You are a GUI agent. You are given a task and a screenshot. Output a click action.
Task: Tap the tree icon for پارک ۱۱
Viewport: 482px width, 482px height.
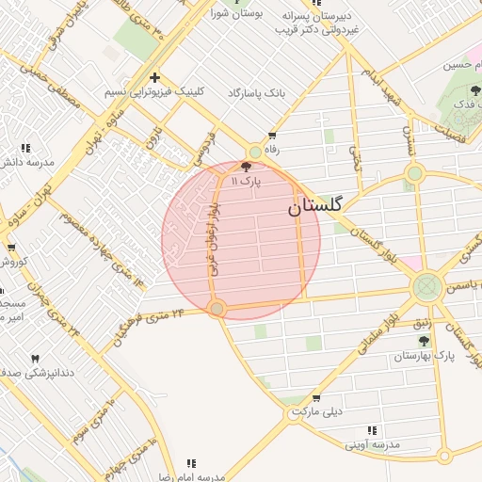(247, 166)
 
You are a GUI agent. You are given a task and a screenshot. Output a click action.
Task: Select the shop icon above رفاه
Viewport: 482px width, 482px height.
(273, 136)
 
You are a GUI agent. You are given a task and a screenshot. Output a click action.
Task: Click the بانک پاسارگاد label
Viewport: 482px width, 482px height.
(255, 94)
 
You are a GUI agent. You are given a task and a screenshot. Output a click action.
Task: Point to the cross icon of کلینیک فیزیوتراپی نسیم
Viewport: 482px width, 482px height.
(154, 78)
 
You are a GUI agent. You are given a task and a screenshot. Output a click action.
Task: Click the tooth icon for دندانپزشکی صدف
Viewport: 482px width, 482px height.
(36, 359)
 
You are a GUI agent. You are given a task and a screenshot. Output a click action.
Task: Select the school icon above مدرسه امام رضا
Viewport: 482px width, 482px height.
(191, 462)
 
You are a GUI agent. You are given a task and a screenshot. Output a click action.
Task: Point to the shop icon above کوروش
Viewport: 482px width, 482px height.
(10, 248)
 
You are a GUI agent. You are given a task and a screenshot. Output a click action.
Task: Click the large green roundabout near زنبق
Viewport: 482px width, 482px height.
(427, 285)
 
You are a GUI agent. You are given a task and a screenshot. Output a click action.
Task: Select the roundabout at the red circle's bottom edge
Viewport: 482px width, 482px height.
(217, 309)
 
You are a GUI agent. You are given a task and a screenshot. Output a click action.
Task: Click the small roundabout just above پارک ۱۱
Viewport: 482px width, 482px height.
(255, 153)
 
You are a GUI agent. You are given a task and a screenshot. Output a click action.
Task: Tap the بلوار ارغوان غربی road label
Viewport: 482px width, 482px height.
(214, 235)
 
